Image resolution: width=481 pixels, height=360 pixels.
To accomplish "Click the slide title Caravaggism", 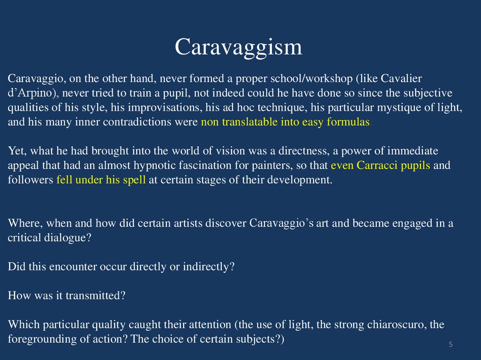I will pos(238,47).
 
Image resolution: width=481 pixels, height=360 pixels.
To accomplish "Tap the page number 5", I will pos(450,345).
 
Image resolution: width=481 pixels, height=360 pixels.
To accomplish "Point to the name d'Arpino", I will pos(27,92).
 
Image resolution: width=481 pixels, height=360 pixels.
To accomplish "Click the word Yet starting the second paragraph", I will pos(16,151).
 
